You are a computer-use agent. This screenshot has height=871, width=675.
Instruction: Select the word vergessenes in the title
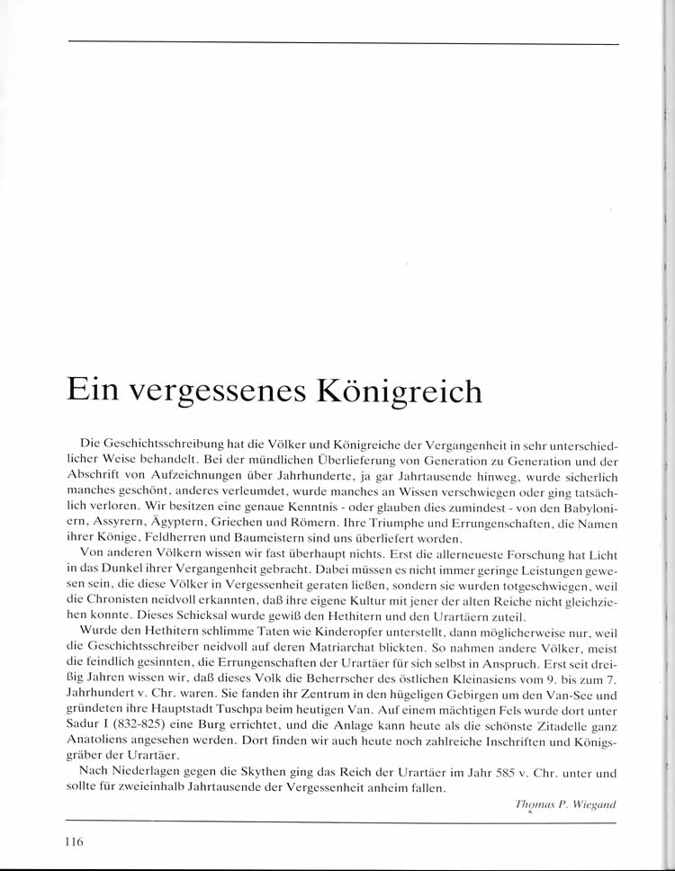click(x=215, y=391)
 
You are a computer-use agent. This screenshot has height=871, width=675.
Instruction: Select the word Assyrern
click(x=120, y=522)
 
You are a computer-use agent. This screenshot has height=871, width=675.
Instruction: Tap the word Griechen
click(x=252, y=522)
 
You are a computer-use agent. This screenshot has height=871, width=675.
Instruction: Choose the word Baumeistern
click(x=281, y=537)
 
